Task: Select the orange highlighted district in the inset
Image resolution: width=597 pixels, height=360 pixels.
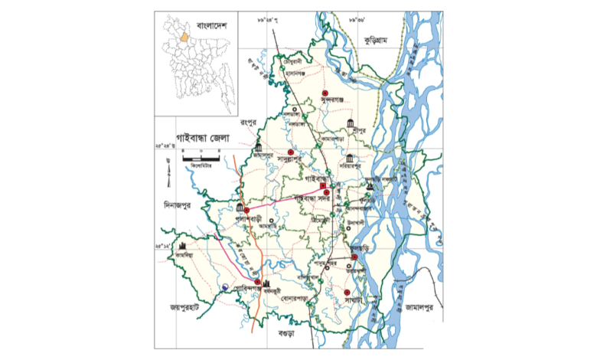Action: pos(184,34)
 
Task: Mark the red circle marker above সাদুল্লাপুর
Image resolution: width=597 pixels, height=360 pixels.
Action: pos(290,152)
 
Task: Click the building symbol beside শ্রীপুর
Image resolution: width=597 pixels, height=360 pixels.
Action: pos(350,125)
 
